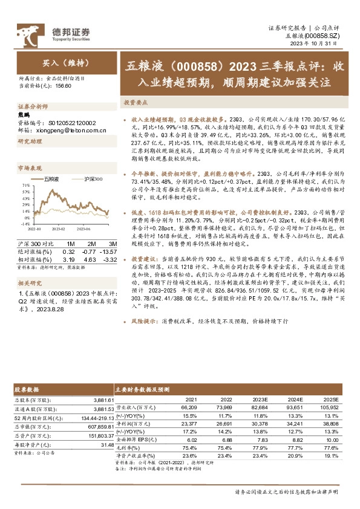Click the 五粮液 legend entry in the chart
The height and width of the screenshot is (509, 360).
[x=52, y=180]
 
